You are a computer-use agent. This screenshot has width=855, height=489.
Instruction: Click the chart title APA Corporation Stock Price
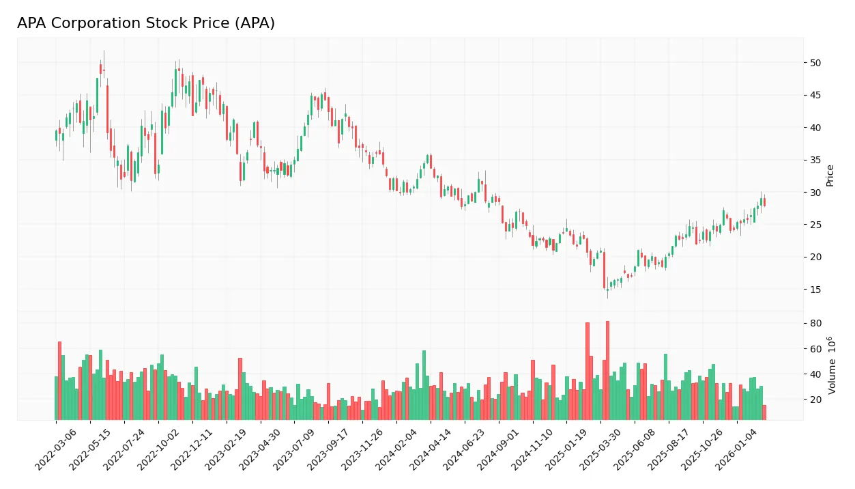click(146, 23)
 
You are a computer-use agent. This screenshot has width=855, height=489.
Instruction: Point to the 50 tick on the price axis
click(815, 63)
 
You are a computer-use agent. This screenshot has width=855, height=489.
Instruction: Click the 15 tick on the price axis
click(815, 290)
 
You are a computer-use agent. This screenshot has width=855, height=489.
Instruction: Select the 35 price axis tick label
click(815, 160)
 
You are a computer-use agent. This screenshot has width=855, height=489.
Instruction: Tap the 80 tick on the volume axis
click(815, 323)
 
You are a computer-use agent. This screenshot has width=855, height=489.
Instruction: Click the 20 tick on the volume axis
click(815, 400)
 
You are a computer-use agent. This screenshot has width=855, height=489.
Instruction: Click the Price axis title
click(830, 175)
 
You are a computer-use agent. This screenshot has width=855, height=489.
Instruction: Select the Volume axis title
click(832, 365)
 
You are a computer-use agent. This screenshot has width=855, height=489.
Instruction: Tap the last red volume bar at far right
click(764, 413)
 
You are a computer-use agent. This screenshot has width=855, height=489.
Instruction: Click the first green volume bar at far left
click(56, 398)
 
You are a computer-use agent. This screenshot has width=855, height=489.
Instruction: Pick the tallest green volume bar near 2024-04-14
click(424, 385)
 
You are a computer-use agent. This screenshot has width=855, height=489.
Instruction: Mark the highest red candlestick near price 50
click(100, 68)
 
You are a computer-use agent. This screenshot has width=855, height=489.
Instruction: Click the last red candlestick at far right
click(764, 201)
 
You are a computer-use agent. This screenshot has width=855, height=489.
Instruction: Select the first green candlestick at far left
click(56, 135)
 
